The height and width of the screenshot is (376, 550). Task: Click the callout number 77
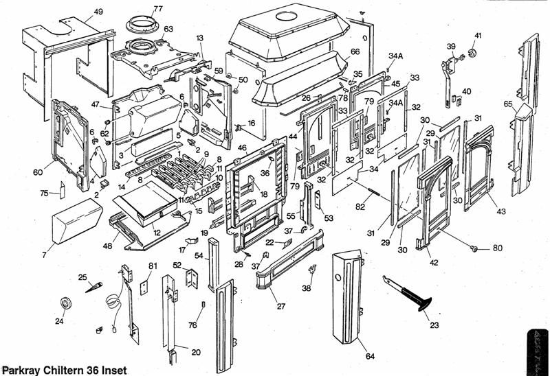click(158, 9)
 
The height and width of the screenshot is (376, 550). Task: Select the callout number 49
click(98, 12)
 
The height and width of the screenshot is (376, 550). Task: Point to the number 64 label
click(370, 356)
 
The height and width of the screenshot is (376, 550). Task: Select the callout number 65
click(508, 104)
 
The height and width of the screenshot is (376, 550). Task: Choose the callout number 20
click(196, 352)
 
